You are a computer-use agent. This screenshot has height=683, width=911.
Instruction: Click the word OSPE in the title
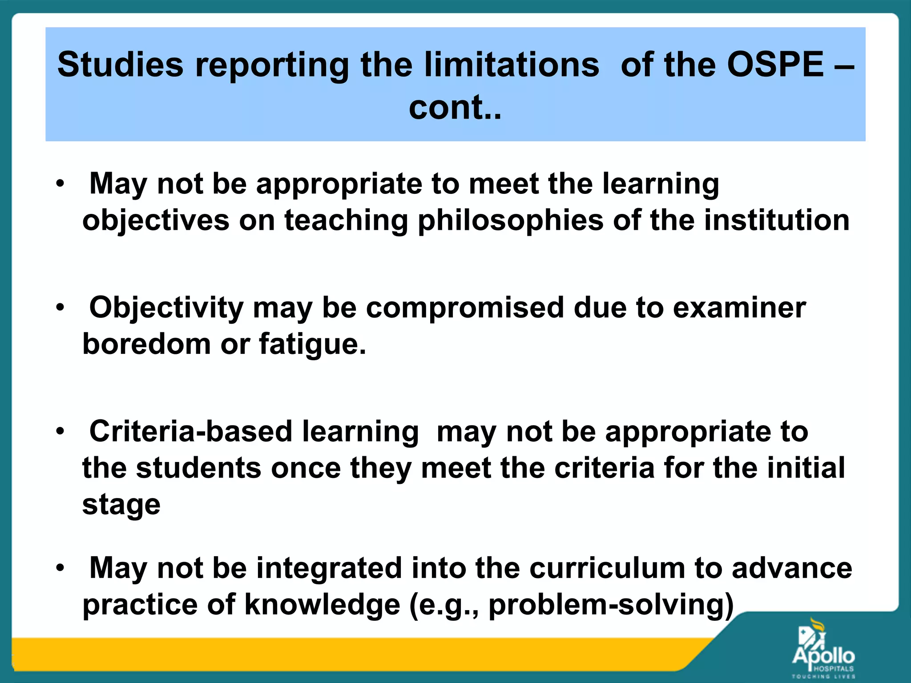tap(775, 65)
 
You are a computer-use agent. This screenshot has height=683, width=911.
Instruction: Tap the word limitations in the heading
tap(512, 65)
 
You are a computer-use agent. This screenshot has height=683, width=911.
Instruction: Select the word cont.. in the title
tap(455, 108)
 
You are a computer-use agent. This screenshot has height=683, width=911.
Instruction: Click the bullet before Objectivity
tap(60, 308)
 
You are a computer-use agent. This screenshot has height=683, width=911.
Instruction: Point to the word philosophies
tap(510, 221)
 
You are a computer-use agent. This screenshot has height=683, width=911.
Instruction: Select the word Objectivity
tap(166, 308)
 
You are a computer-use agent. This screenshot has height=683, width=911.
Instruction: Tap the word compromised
tap(465, 308)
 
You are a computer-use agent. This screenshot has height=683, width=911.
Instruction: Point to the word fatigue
tap(312, 345)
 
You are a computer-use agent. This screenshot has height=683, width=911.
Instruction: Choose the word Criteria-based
tap(190, 432)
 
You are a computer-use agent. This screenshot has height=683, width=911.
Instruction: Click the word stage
tap(121, 505)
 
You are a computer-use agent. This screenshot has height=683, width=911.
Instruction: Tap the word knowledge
tap(322, 606)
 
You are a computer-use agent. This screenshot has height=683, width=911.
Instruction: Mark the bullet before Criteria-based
tap(60, 431)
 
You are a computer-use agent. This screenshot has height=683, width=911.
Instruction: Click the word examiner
tap(739, 308)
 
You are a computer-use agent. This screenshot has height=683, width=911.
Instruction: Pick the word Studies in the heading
tap(120, 65)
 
